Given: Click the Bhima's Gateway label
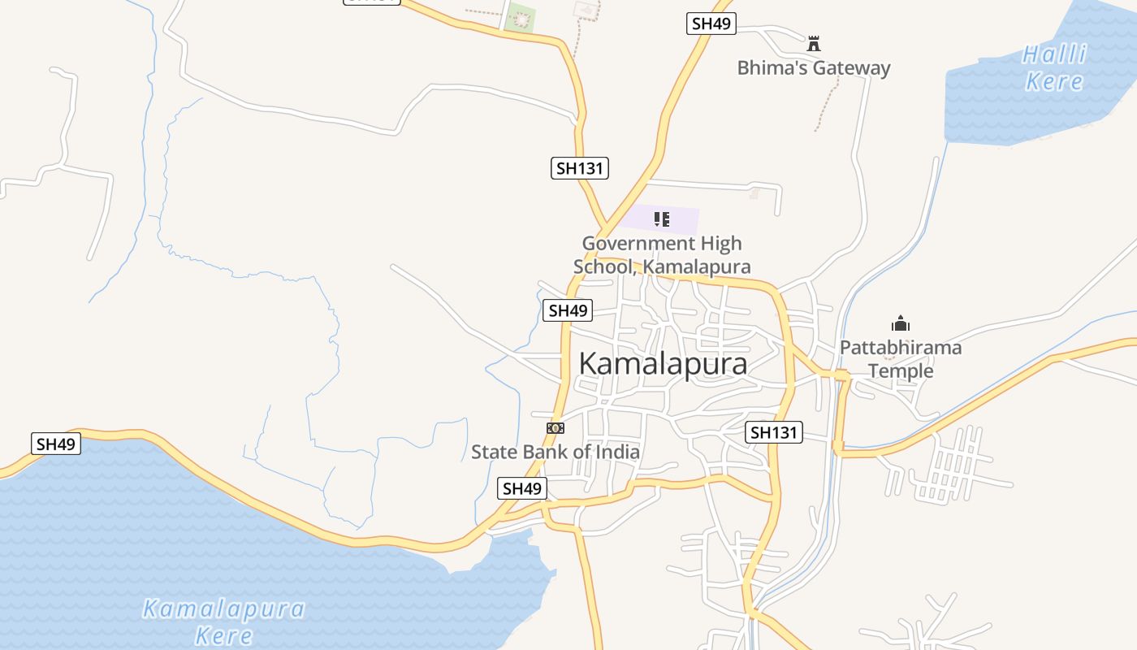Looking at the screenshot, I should (x=813, y=68).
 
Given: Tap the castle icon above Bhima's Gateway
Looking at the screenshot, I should (x=814, y=43).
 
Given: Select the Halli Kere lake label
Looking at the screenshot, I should (x=1054, y=68).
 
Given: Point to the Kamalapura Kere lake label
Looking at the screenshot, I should (x=223, y=621).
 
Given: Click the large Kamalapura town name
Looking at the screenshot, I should (x=663, y=364).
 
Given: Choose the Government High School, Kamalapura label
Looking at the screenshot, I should (x=662, y=255).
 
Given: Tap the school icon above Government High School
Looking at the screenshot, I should (x=662, y=219).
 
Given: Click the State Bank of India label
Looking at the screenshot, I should (x=556, y=452).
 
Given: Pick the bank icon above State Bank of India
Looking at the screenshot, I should (x=556, y=427).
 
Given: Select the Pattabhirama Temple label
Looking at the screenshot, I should (x=901, y=359).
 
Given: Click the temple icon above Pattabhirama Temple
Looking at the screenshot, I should (x=900, y=323).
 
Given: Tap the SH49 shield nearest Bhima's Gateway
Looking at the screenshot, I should (x=711, y=24).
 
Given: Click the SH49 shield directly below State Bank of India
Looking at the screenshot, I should (x=521, y=488).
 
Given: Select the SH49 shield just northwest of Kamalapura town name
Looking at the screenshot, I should (x=568, y=310).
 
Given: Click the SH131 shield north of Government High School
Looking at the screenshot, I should (x=580, y=168).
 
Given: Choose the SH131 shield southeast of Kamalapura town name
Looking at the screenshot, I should (x=774, y=432).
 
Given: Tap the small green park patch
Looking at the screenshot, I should (x=520, y=18).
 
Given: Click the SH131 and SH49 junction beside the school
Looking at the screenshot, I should (x=606, y=225).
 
